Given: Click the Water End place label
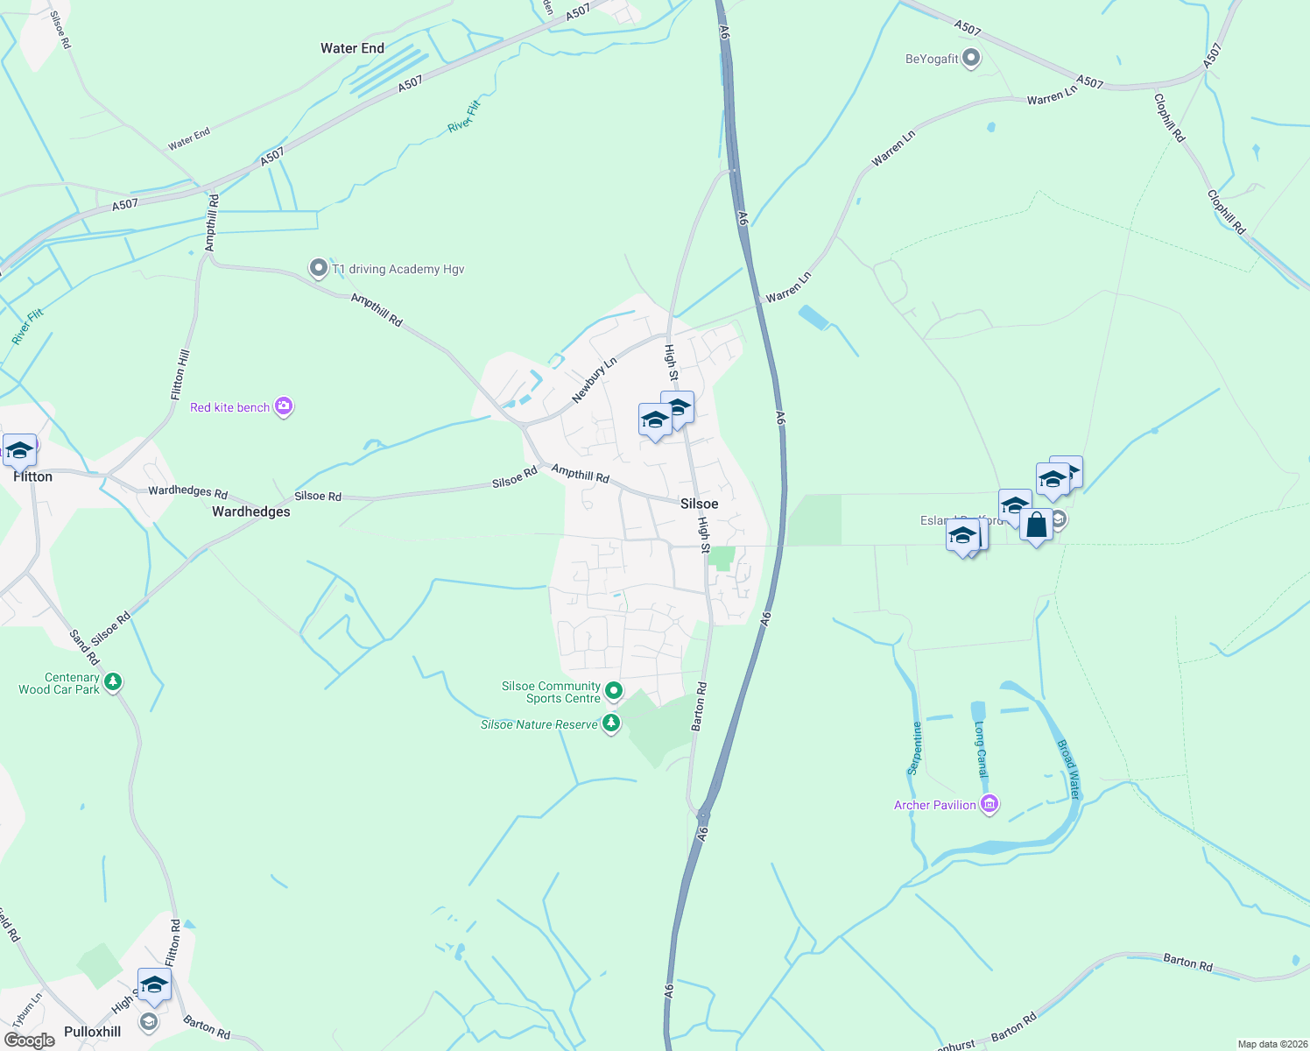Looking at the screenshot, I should pyautogui.click(x=352, y=49).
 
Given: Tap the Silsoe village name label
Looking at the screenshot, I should pyautogui.click(x=699, y=504).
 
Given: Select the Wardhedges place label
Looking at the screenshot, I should pyautogui.click(x=251, y=511).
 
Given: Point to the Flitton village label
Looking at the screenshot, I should pyautogui.click(x=33, y=476).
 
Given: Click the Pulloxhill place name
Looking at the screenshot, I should pyautogui.click(x=93, y=1032).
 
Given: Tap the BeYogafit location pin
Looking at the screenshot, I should pyautogui.click(x=971, y=59).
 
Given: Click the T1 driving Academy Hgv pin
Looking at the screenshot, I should pyautogui.click(x=319, y=268).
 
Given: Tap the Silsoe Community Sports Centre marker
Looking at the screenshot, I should pyautogui.click(x=614, y=691).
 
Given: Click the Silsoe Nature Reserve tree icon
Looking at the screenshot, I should pyautogui.click(x=611, y=723).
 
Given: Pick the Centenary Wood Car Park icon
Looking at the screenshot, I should pyautogui.click(x=113, y=681).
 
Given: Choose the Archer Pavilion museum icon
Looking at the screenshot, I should pyautogui.click(x=990, y=804).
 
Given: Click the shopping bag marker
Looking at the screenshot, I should pyautogui.click(x=1036, y=525).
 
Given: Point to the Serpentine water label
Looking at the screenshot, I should pyautogui.click(x=915, y=748).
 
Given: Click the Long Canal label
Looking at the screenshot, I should pyautogui.click(x=981, y=751).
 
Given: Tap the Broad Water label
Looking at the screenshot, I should pyautogui.click(x=1068, y=769).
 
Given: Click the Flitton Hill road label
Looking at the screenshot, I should pyautogui.click(x=180, y=376).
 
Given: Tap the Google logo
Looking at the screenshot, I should pyautogui.click(x=30, y=1040).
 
